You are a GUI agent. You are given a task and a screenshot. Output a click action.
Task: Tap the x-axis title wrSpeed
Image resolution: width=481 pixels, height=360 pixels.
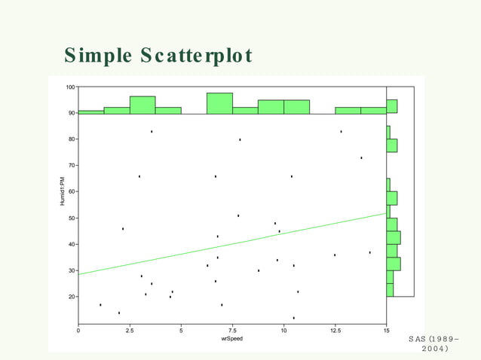coord(231,339)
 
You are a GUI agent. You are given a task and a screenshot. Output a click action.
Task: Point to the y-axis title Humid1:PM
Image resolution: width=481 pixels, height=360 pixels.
coord(63,192)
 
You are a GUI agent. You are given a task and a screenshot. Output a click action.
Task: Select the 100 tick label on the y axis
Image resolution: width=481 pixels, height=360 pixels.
coord(70,87)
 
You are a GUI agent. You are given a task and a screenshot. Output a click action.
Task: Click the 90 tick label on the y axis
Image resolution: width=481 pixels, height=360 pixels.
coord(72,113)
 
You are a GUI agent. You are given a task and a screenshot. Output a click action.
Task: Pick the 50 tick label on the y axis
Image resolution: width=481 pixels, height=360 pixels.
coord(72,218)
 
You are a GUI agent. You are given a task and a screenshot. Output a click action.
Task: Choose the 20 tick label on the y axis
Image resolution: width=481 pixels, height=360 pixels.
coord(72,297)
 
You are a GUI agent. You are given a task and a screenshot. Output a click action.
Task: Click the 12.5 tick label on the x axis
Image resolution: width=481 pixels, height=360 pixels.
coord(334,330)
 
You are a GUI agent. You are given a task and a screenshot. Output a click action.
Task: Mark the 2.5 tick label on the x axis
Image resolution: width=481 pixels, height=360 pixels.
coord(130,330)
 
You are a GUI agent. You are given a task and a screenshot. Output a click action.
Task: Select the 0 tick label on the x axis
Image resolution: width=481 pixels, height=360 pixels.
coord(78,330)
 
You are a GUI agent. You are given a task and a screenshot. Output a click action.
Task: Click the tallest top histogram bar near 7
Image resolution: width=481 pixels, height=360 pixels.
coord(219,103)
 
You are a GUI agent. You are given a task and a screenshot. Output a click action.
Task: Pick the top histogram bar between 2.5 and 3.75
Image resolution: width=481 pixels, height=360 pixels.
coord(142,105)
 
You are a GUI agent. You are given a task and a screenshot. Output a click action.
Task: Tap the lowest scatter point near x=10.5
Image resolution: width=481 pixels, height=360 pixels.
coord(294,318)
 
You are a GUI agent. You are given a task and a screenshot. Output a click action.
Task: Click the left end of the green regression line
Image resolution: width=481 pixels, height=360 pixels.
coord(80,274)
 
